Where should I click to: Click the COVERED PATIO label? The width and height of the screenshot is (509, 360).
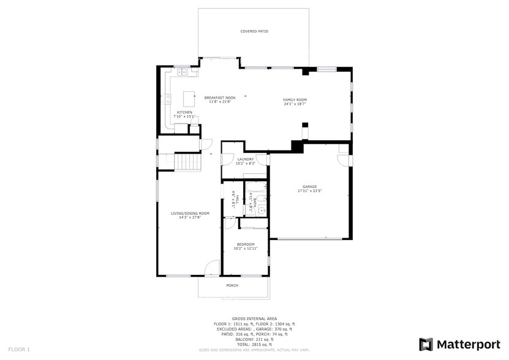254,31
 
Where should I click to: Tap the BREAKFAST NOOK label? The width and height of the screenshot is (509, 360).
220,98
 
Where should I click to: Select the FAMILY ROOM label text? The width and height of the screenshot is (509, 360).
295,100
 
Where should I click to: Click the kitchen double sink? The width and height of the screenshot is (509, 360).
183,73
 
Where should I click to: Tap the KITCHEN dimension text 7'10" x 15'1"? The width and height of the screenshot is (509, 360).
185,116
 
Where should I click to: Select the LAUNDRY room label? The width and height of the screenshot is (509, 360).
246,160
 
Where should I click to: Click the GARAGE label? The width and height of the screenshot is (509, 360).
309,187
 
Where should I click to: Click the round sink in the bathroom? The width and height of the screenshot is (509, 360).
262,210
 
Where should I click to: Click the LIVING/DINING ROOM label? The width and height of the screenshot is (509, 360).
190,213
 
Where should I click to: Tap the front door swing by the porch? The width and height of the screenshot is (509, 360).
212,268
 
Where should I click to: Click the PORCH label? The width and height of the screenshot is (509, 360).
232,285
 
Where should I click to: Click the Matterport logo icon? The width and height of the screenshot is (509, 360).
426,344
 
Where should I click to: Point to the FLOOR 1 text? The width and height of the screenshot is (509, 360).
19,349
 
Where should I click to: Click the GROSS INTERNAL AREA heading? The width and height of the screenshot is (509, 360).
254,318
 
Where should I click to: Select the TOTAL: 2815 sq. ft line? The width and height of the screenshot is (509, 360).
254,344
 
